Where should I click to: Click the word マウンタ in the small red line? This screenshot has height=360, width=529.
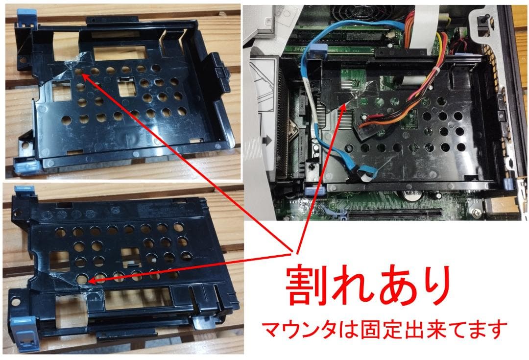292,331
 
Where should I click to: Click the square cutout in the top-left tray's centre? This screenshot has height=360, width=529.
126,89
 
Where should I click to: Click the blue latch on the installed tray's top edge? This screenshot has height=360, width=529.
318,51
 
